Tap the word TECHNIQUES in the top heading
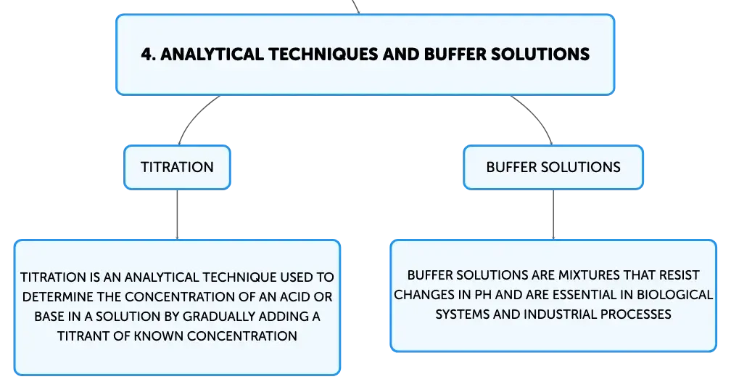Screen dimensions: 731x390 point(323,54)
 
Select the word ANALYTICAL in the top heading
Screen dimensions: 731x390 point(212,54)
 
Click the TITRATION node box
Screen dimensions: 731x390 point(177,167)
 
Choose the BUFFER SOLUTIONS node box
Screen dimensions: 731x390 point(553,167)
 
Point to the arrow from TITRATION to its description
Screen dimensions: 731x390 point(177,215)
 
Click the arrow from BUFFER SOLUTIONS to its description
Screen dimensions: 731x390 point(553,215)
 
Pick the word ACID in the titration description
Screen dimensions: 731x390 point(296,297)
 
